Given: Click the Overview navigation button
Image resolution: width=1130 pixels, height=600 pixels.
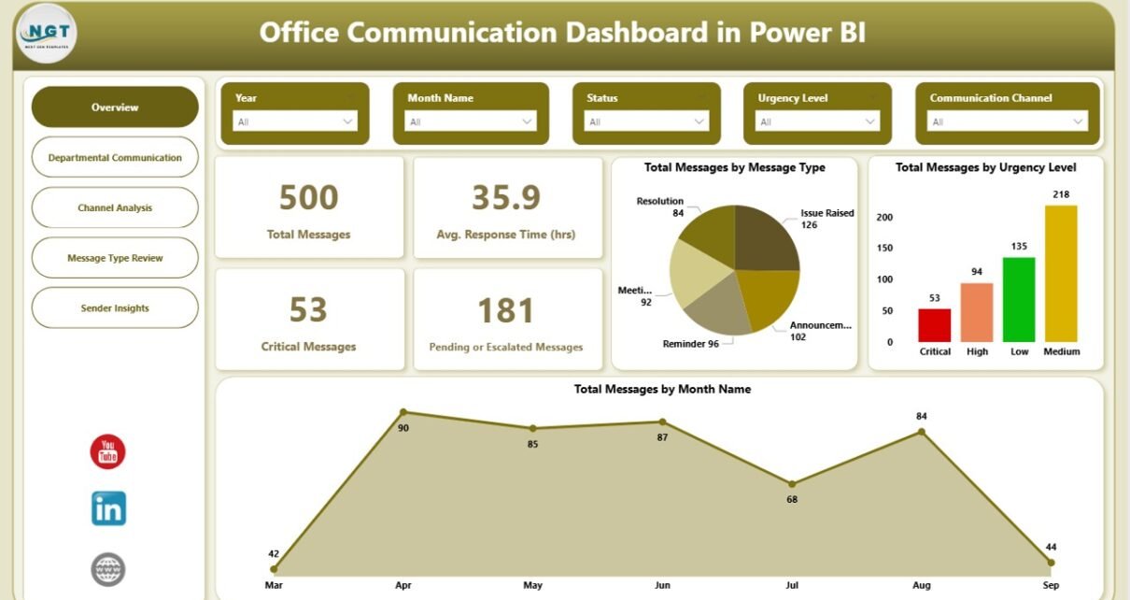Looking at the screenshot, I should coord(115,107).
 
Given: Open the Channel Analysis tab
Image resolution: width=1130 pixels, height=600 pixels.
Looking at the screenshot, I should coord(115,207).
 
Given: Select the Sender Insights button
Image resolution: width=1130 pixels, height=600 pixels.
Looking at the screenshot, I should coord(115,307).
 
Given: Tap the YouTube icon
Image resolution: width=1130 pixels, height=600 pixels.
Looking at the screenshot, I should coord(107,452).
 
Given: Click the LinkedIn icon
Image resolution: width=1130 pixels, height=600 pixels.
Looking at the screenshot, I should coord(108,508).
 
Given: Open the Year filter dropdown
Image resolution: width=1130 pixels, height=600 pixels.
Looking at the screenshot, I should coord(294,121).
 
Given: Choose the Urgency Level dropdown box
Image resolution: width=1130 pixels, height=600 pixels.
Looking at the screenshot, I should coord(817,121).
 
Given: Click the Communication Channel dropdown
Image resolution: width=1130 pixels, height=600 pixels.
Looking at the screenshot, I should coord(1008,121).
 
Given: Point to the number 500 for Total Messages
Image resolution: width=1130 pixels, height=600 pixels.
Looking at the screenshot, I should coord(308,198).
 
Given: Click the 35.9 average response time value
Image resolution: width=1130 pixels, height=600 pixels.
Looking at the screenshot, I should coord(507,198).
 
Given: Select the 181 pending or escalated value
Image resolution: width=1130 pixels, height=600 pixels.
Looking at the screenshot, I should coord(505,311).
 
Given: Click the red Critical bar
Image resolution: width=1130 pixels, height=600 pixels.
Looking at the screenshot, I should coord(934,325).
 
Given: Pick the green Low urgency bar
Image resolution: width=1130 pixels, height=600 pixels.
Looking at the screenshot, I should coord(1019,299).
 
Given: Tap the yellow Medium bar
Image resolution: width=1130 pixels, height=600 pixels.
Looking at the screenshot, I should coord(1061,273).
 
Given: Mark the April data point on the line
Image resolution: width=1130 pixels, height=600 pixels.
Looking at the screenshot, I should coord(403,411).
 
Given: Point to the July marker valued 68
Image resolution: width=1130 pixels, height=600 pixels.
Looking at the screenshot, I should coord(792,484).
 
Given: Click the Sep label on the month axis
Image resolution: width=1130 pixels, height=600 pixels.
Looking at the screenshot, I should coord(1051,586).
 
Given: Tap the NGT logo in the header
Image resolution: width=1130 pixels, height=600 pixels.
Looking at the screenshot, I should coord(46,33).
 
